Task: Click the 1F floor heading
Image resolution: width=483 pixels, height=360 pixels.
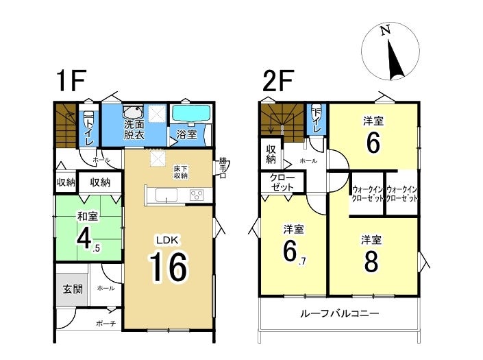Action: pyautogui.click(x=71, y=81)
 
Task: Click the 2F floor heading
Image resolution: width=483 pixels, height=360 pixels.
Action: pyautogui.click(x=278, y=81)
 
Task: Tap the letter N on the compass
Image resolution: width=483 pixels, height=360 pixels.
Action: pyautogui.click(x=385, y=30)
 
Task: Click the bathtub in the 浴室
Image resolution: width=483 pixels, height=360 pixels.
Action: pyautogui.click(x=191, y=114)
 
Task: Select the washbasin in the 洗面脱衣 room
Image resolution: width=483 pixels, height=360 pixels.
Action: pyautogui.click(x=133, y=112)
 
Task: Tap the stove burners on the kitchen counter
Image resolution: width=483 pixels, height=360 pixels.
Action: pyautogui.click(x=197, y=195)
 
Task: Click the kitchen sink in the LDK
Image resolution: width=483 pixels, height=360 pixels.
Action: pyautogui.click(x=166, y=195)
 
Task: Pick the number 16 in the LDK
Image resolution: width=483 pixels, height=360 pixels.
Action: pyautogui.click(x=169, y=266)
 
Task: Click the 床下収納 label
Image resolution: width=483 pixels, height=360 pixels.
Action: pyautogui.click(x=181, y=172)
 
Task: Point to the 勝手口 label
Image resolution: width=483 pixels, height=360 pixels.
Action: pyautogui.click(x=223, y=168)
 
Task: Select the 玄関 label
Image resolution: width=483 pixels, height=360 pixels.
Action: pyautogui.click(x=73, y=289)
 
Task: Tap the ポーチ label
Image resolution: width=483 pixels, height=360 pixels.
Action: pyautogui.click(x=106, y=324)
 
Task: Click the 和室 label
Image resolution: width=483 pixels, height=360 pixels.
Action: pyautogui.click(x=88, y=216)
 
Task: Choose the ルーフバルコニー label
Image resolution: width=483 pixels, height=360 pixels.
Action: pyautogui.click(x=339, y=314)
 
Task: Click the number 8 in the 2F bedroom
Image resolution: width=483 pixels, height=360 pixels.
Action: pyautogui.click(x=371, y=262)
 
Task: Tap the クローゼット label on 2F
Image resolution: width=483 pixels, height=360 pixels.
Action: pyautogui.click(x=282, y=182)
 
